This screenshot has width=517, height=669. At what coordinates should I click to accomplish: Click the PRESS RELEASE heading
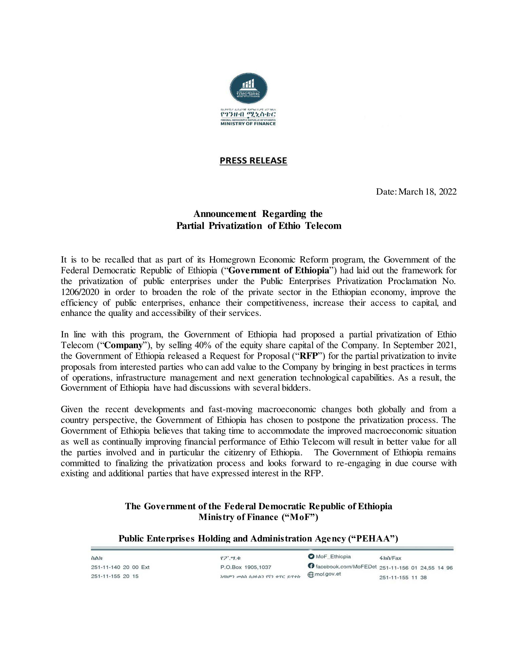253,161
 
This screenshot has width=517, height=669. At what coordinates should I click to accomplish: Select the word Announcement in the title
225,213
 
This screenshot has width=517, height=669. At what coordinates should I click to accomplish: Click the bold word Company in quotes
124,345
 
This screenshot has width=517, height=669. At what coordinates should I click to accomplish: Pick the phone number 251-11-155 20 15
115,576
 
